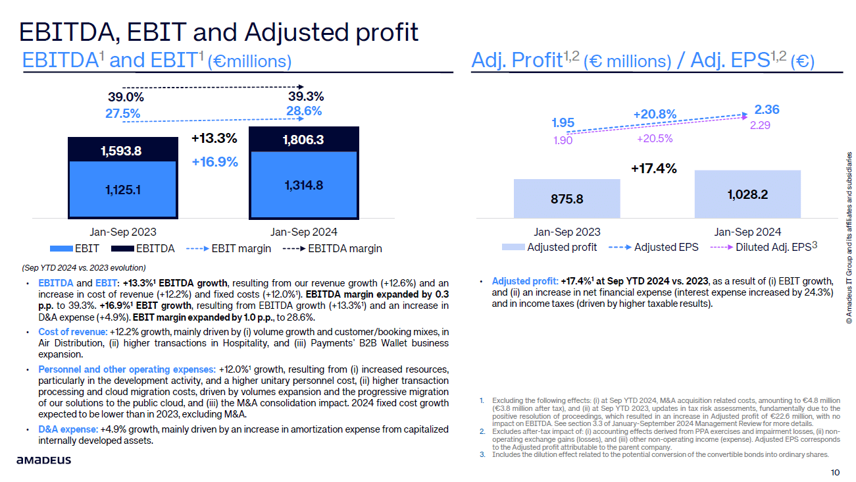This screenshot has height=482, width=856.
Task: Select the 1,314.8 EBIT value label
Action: pos(303,185)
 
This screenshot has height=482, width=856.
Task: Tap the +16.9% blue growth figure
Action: pos(214,161)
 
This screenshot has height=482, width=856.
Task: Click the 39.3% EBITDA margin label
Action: pos(305,96)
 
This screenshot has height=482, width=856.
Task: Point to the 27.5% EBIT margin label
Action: pos(122,113)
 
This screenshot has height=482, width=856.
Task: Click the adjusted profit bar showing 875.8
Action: pos(566,198)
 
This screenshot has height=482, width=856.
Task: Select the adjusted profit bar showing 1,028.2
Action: pos(747,194)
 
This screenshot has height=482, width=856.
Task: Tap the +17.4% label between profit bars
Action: pos(653,169)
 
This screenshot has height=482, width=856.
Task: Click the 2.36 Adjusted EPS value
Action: pos(767,109)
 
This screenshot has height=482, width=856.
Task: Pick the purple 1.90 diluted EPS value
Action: pos(563,139)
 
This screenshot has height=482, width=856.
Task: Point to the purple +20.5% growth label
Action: pos(654,139)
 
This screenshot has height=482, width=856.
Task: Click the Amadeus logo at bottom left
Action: pos(44,460)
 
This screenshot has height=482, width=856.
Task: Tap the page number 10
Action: pos(835,472)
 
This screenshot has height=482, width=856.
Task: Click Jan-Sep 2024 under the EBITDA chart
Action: pos(303,232)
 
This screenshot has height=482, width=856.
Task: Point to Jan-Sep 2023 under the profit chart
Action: pos(566,232)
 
